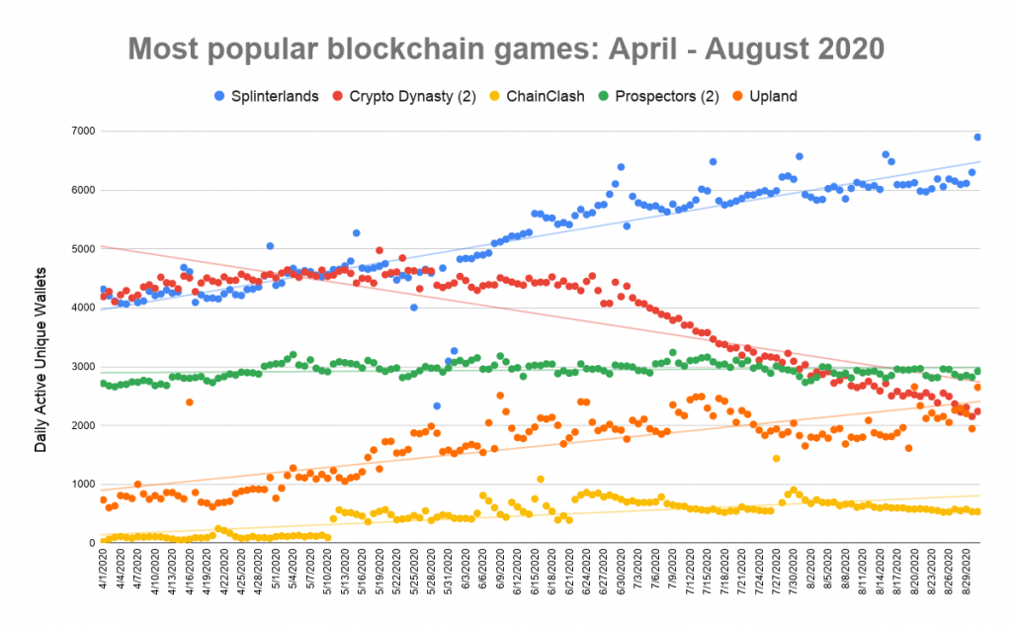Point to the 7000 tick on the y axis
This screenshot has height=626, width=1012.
click(81, 132)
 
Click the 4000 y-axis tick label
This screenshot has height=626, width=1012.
click(81, 309)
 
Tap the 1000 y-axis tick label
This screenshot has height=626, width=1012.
click(81, 485)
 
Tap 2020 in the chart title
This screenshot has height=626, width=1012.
click(846, 47)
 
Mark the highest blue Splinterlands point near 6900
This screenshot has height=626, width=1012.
click(977, 137)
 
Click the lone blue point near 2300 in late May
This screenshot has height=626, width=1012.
click(436, 405)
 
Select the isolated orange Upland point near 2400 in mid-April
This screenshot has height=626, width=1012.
click(189, 402)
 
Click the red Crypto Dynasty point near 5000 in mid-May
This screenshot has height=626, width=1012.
click(379, 250)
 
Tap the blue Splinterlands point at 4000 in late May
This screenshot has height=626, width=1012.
click(413, 308)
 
